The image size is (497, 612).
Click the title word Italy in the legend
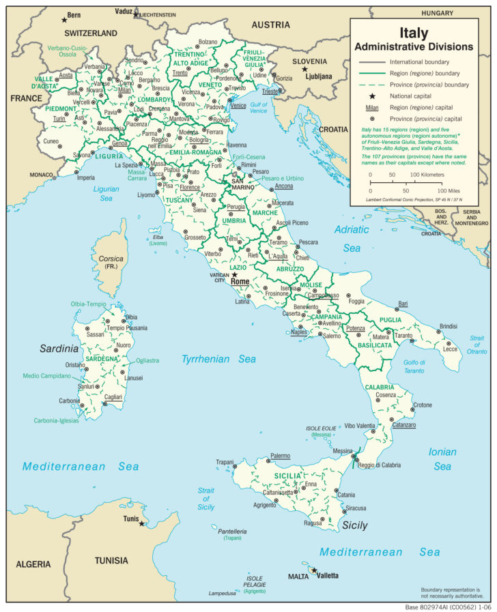click(413, 33)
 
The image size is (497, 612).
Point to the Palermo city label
click(280, 455)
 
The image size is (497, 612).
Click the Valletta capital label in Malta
click(326, 576)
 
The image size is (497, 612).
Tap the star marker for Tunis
click(142, 523)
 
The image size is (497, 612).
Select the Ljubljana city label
click(317, 76)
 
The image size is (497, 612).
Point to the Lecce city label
click(451, 349)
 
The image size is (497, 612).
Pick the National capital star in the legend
click(372, 96)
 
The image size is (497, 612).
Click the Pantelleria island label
click(231, 531)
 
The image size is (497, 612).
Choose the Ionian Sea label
click(442, 458)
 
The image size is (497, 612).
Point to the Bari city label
click(403, 303)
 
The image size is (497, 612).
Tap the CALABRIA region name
click(380, 387)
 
